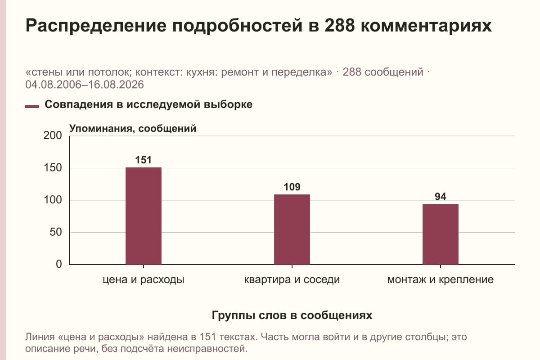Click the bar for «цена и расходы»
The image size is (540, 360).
[144, 216]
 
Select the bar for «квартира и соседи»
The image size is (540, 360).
[292, 229]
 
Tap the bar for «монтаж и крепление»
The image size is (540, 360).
[441, 234]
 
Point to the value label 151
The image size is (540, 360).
[144, 160]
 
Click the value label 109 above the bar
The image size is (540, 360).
[292, 187]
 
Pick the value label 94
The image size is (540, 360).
[441, 197]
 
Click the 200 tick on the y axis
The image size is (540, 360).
[53, 135]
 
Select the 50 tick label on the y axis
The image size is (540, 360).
[56, 232]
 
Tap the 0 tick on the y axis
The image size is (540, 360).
[59, 264]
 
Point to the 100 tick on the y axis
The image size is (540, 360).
[53, 200]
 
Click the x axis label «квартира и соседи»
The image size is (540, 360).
[292, 280]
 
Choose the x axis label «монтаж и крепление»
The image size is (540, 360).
[441, 280]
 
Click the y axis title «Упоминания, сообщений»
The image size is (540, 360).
[133, 129]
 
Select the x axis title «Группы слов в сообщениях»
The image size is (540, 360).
[292, 315]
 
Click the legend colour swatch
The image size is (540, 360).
[32, 106]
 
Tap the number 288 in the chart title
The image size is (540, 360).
[339, 25]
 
